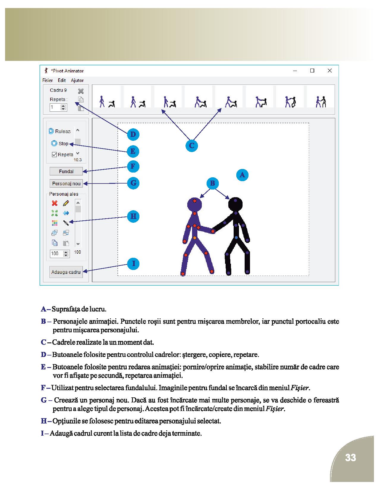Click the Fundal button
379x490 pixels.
click(x=66, y=171)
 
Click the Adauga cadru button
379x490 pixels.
click(x=66, y=272)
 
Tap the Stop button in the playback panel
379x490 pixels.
click(x=60, y=143)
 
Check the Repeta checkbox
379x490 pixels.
click(x=54, y=154)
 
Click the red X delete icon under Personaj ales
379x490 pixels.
click(x=55, y=203)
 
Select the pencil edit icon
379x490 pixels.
click(x=66, y=203)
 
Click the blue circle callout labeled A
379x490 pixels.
click(x=242, y=175)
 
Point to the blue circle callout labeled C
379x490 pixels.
click(x=192, y=146)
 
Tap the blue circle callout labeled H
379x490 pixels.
click(x=133, y=216)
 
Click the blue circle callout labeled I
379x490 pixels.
click(x=133, y=263)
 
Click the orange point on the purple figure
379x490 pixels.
click(x=195, y=238)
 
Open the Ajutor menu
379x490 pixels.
click(x=77, y=80)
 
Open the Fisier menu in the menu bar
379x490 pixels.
click(x=48, y=80)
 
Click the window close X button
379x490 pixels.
click(x=330, y=71)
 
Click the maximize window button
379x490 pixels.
click(x=312, y=71)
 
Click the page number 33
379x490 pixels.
click(x=351, y=458)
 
